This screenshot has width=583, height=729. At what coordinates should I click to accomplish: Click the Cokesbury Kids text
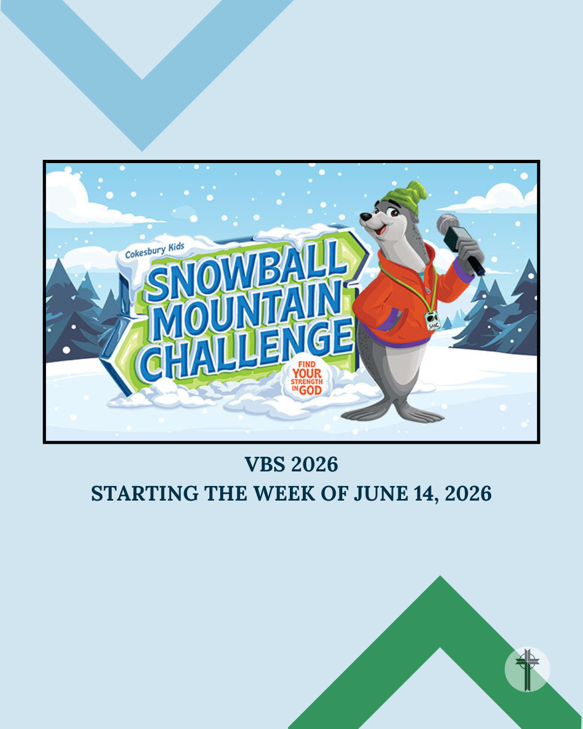coord(155,250)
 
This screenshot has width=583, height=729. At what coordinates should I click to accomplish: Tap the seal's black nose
coord(365,217)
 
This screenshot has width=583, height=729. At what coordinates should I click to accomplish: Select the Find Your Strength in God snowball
coord(307,378)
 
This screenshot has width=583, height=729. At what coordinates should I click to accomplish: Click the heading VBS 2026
coord(291,464)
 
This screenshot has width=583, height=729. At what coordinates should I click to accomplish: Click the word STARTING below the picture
coord(145,494)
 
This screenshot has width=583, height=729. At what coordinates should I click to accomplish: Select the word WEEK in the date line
coord(285,494)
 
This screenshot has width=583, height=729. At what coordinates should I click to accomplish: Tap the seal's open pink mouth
coord(382,230)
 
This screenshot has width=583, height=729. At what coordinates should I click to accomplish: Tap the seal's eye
coord(394,213)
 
